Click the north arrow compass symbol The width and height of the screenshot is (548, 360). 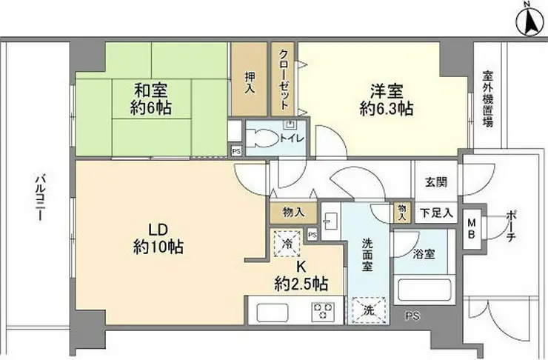(532, 21)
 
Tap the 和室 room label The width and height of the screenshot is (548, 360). (151, 90)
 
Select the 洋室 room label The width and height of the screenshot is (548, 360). (387, 91)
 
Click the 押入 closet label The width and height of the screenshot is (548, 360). (249, 82)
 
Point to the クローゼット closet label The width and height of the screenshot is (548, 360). (284, 79)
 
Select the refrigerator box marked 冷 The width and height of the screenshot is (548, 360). (287, 243)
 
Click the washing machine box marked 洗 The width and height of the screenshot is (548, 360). (369, 310)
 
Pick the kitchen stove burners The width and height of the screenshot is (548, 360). (323, 311)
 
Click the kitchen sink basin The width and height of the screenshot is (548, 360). (273, 312)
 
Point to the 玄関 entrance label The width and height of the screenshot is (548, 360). (436, 181)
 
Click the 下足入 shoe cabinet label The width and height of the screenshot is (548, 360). (436, 213)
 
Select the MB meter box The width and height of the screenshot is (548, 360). (472, 229)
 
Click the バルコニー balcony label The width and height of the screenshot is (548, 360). (39, 198)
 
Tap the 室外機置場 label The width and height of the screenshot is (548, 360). (488, 99)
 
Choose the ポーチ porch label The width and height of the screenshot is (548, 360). (511, 227)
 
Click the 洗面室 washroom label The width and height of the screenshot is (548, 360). (367, 255)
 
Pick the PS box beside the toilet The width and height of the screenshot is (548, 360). (237, 151)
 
